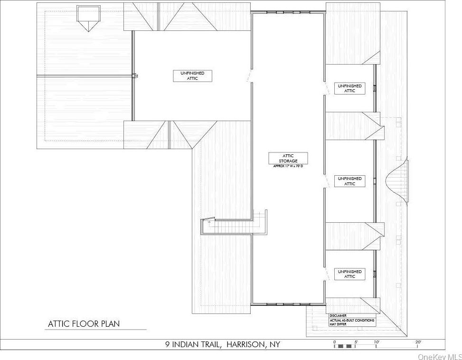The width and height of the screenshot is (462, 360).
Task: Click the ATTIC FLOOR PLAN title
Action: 84,324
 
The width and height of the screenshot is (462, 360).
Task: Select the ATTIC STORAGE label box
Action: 288,158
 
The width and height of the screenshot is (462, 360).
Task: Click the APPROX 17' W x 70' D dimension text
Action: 288,166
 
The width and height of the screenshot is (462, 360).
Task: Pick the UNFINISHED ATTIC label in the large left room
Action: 192,76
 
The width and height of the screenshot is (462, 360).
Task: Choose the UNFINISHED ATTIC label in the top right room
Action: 349,88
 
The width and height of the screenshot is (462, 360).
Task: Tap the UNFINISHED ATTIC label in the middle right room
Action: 349,181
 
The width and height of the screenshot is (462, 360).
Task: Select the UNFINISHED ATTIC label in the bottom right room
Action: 349,274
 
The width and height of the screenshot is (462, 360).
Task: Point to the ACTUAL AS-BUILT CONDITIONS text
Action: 352,320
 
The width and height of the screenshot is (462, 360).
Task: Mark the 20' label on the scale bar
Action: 418,342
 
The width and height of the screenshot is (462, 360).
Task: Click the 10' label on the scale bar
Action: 377,342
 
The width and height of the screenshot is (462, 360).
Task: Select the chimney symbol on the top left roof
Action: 88,18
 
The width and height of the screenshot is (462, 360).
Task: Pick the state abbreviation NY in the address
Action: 275,344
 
